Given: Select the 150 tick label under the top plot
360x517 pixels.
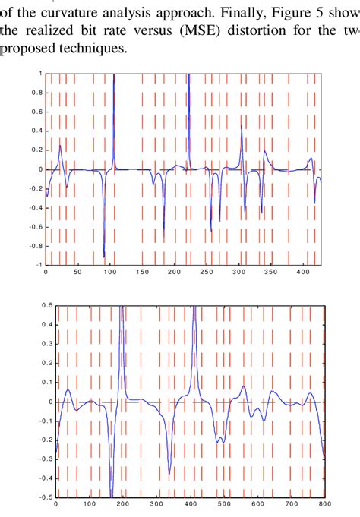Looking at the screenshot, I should coord(141,271).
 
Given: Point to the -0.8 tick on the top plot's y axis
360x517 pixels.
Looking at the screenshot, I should coord(35,245).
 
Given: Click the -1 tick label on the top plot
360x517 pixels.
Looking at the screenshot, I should coord(39,264).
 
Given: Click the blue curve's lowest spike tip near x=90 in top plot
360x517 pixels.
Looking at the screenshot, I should coord(104,257).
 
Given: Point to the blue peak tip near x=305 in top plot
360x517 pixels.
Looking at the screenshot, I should coord(242,125).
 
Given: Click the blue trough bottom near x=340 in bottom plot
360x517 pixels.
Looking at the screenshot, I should coord(169,474).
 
